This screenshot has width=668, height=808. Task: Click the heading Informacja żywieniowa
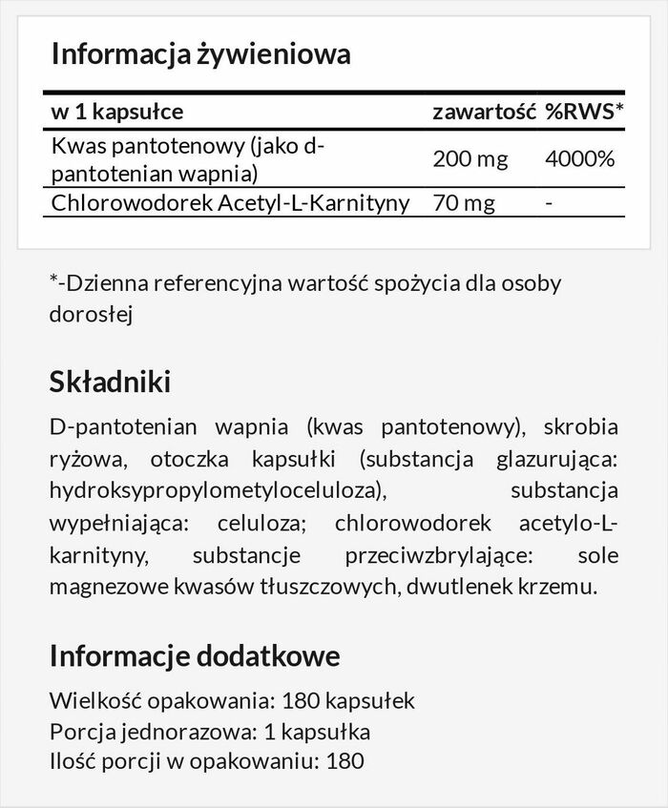coord(200,53)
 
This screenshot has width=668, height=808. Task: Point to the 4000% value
coord(579,158)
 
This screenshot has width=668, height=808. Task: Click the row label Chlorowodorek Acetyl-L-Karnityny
coord(230,202)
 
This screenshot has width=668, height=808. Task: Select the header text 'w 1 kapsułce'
coord(116,113)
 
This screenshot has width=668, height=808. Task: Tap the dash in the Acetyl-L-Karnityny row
coord(548,202)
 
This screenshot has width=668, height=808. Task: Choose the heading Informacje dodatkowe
coord(194,656)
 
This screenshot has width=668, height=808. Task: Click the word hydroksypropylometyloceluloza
coord(215,490)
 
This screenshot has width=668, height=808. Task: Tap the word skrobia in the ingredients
coord(581,425)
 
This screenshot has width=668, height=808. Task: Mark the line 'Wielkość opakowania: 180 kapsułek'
coord(232,701)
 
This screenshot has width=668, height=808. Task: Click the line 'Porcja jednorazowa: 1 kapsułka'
coord(209,732)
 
